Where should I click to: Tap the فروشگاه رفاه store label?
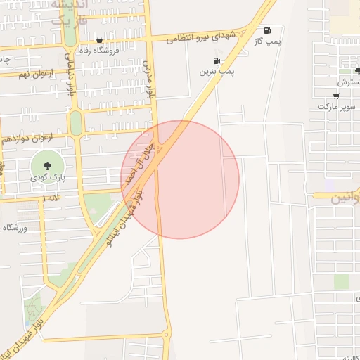(98, 50)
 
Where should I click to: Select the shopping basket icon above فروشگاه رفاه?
(99, 40)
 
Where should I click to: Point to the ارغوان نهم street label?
(33, 74)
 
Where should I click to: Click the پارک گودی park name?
(47, 178)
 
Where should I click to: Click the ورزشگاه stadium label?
(19, 228)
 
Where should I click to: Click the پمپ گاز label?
(267, 42)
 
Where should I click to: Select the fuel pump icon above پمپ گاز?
(267, 31)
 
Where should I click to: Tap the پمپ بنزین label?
(217, 71)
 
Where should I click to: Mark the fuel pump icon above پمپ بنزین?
(217, 60)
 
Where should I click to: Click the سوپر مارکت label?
(337, 106)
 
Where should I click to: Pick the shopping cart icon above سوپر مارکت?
(337, 96)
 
